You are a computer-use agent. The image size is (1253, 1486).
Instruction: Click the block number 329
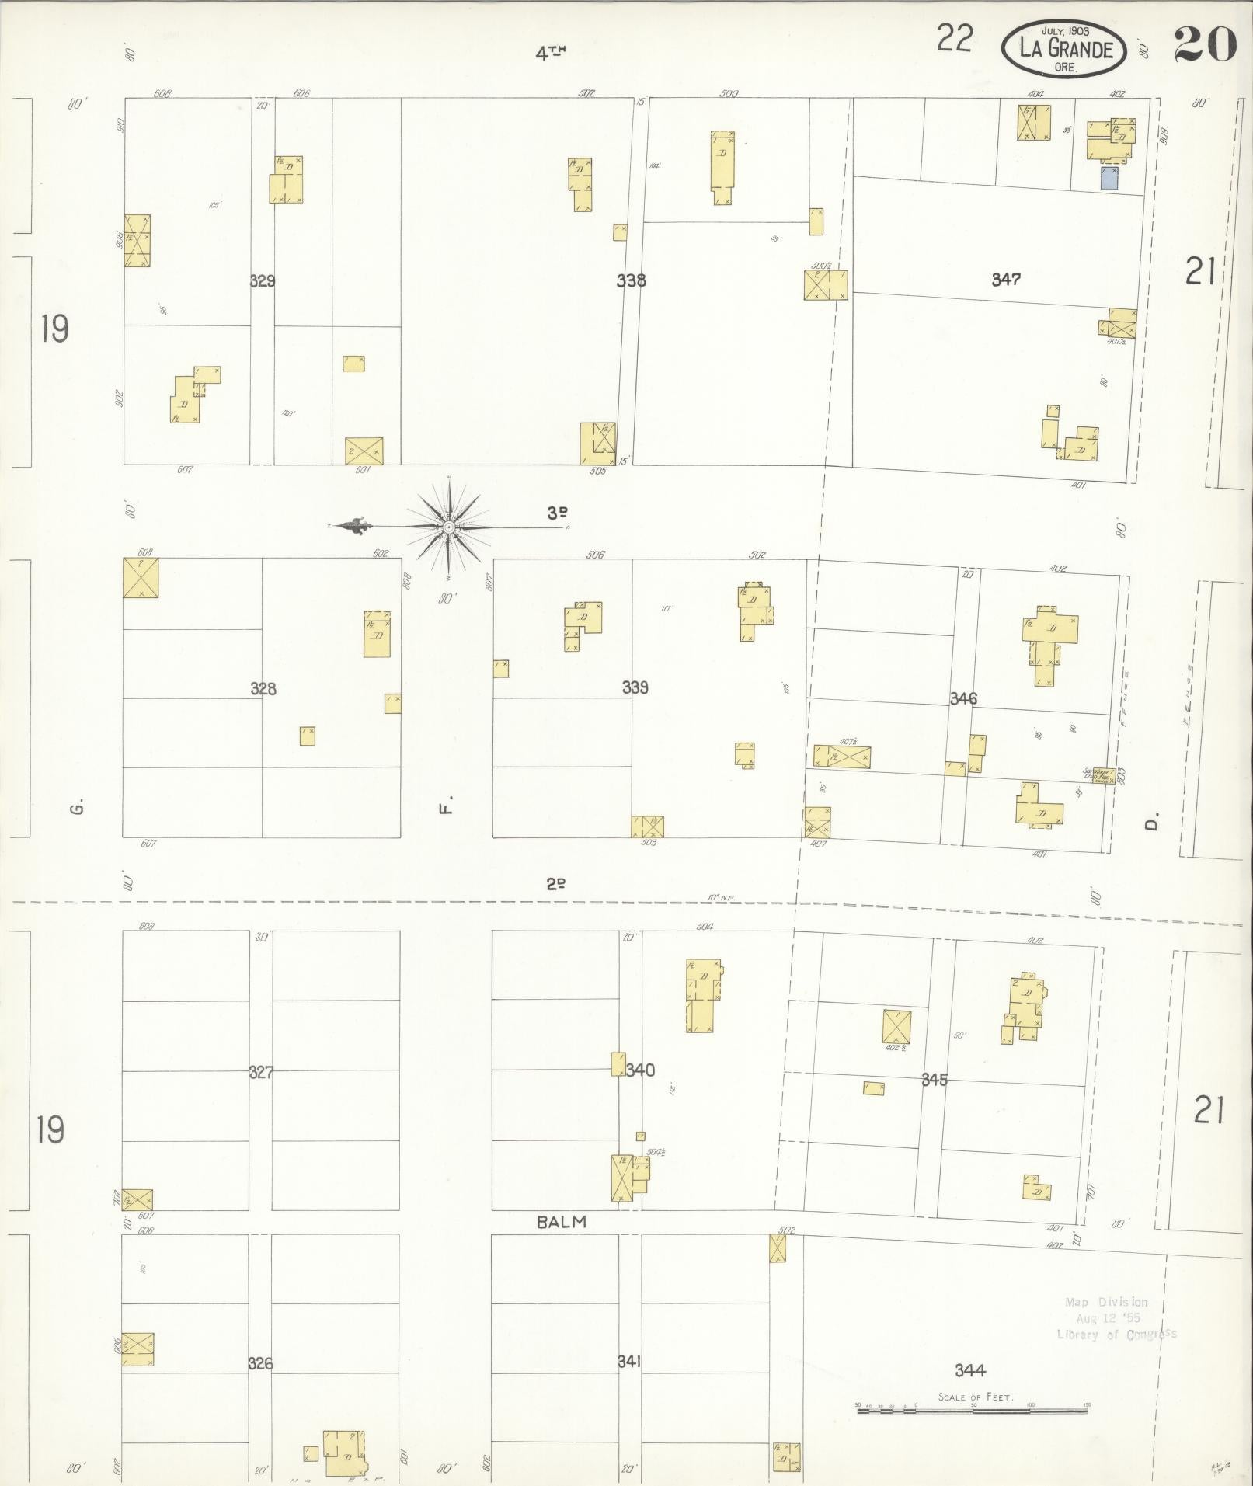click(x=263, y=281)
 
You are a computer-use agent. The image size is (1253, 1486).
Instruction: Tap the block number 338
click(x=631, y=280)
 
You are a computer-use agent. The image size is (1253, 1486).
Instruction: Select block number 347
click(x=1005, y=279)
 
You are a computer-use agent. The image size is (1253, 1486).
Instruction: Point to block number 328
click(x=263, y=688)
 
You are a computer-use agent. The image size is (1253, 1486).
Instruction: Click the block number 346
click(x=963, y=698)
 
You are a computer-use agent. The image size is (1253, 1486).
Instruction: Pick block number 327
click(x=261, y=1073)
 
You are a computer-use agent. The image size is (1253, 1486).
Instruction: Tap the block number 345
click(x=934, y=1080)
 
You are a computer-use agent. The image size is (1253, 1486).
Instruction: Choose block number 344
click(x=971, y=1371)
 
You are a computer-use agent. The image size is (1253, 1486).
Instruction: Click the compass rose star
click(x=449, y=527)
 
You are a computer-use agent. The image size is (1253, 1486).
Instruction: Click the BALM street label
click(x=562, y=1222)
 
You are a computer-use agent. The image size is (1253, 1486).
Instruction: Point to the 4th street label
click(x=549, y=54)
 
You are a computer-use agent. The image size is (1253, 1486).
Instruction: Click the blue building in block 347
click(x=1109, y=179)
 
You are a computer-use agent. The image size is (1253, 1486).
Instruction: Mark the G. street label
click(x=76, y=809)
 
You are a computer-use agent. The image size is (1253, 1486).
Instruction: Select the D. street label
click(x=1152, y=821)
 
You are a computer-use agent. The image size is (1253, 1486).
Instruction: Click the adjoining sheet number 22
click(x=954, y=38)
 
